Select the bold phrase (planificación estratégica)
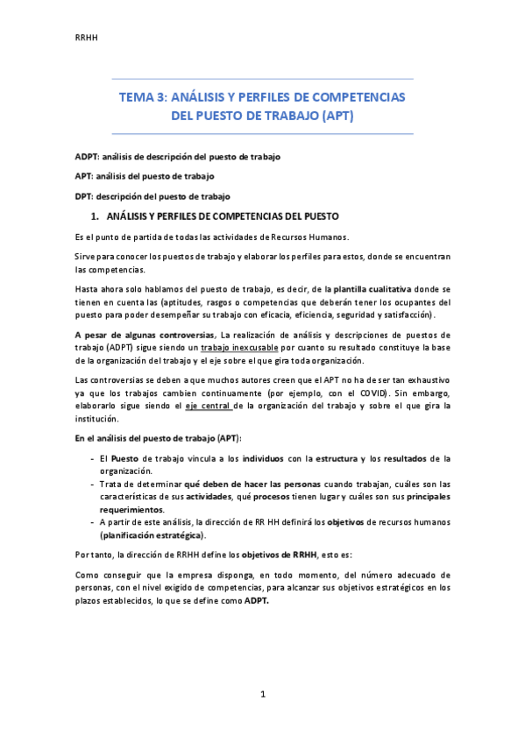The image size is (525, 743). click(x=153, y=534)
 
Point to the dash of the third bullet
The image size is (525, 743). click(x=93, y=522)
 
